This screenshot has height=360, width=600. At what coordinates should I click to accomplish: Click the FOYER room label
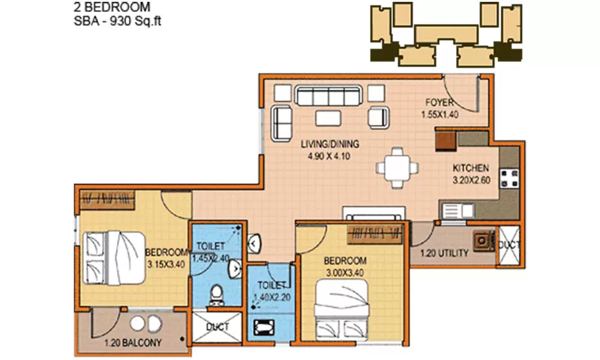pyautogui.click(x=439, y=102)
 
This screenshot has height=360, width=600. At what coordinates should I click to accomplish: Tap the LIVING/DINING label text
pyautogui.click(x=329, y=143)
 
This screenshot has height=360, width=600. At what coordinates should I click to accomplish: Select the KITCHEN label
pyautogui.click(x=470, y=168)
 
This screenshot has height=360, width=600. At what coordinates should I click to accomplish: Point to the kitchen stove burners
pyautogui.click(x=509, y=178)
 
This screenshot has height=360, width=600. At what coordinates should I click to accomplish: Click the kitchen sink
pyautogui.click(x=455, y=209)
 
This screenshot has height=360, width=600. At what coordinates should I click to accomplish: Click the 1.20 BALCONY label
pyautogui.click(x=133, y=343)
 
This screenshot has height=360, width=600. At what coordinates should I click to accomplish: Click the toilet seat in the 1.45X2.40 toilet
pyautogui.click(x=215, y=295)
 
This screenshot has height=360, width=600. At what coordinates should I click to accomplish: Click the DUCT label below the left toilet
pyautogui.click(x=217, y=328)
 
